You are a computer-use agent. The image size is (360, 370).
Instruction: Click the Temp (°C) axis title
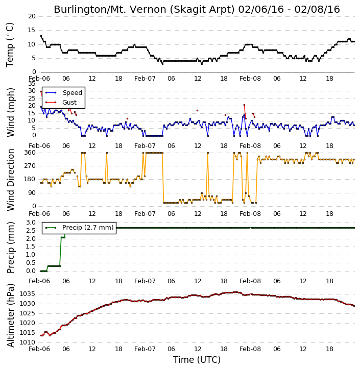tap(10, 45)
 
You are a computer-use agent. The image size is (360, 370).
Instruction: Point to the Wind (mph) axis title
tap(11, 112)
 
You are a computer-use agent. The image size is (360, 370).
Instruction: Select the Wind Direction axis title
tap(11, 180)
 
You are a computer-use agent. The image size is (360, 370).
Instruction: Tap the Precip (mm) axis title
tap(11, 248)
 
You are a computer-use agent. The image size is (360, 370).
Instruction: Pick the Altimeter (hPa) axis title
tap(11, 315)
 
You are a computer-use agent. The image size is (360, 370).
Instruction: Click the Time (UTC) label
tap(197, 360)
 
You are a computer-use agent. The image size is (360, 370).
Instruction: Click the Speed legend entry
tap(64, 93)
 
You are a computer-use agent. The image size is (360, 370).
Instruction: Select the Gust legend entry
tap(61, 103)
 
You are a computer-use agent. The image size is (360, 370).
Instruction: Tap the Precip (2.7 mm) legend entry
tap(79, 228)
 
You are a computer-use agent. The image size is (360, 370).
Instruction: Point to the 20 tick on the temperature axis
tap(32, 16)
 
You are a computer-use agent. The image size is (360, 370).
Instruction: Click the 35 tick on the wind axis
tap(32, 84)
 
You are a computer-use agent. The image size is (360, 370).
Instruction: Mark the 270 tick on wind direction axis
tap(30, 166)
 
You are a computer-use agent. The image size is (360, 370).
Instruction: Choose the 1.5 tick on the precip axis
tap(31, 246)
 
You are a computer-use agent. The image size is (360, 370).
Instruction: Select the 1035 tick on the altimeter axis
tap(27, 294)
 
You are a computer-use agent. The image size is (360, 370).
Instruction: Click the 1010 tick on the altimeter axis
tap(27, 342)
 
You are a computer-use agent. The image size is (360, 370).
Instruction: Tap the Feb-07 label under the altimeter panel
tap(145, 349)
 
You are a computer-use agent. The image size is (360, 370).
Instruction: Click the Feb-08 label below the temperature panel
tap(250, 79)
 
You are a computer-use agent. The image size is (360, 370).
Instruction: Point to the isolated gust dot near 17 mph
tap(197, 110)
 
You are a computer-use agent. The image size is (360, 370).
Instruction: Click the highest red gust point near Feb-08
tap(244, 105)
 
